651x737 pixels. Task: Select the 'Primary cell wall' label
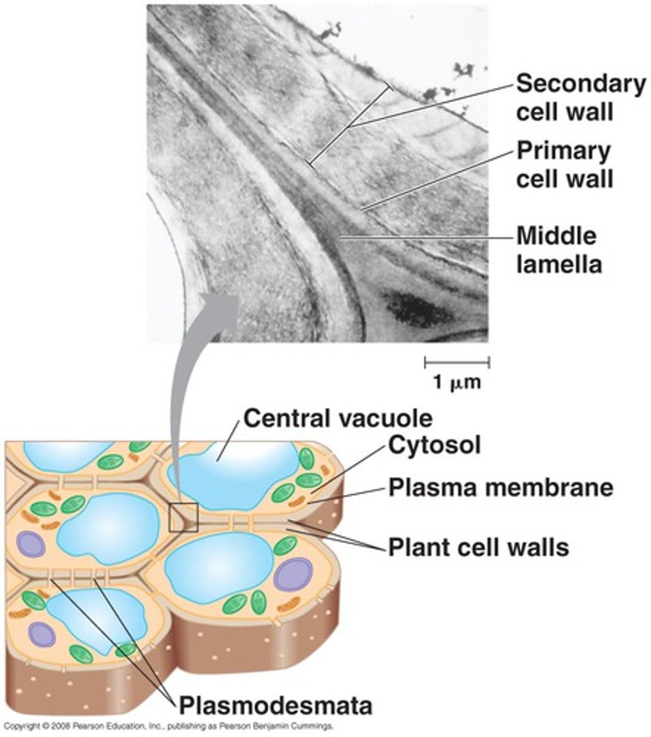pos(564,165)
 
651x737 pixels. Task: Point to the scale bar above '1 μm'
pos(457,361)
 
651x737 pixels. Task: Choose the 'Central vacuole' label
pos(338,418)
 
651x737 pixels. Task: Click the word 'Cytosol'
pos(434,446)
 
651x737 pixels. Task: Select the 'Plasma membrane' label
pos(501,487)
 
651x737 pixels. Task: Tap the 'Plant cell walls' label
pos(478,546)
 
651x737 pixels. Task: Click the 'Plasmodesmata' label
pos(275,705)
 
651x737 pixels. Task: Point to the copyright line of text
pos(169,726)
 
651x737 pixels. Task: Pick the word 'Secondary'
pos(580,84)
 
